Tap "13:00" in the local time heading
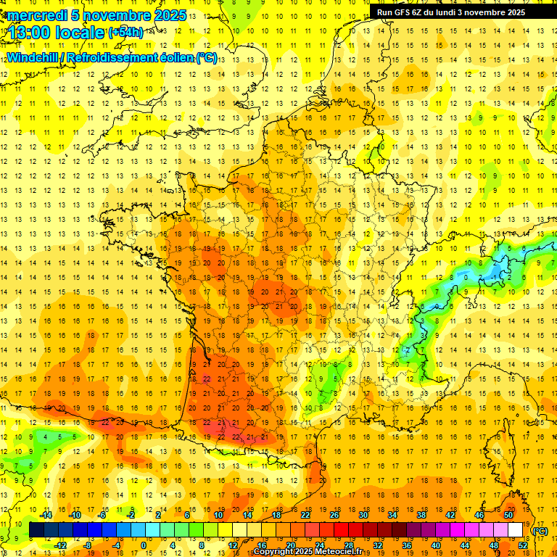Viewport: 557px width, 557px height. tap(28, 33)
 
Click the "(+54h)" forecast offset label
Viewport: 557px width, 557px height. tap(125, 33)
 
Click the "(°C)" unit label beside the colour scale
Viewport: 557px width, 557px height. tap(540, 531)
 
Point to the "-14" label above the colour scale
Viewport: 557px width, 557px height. tap(46, 515)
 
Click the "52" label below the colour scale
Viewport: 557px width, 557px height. tap(523, 545)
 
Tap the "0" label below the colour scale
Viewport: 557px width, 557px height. tap(144, 545)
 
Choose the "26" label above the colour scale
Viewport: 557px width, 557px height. tap(334, 515)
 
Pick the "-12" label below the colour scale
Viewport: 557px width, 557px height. tap(60, 545)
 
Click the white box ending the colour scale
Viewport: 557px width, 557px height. tap(515, 530)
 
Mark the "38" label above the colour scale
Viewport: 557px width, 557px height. tap(421, 515)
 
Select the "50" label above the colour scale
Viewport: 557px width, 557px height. tap(508, 515)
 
